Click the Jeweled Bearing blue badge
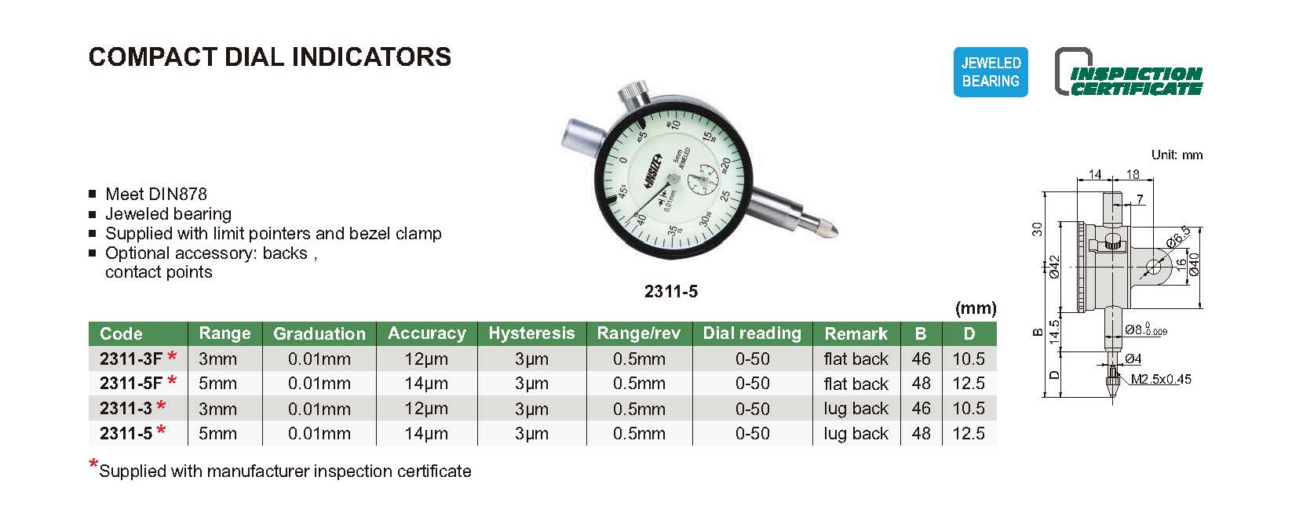click(991, 72)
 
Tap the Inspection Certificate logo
click(1129, 72)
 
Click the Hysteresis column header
click(531, 333)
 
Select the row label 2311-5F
click(131, 384)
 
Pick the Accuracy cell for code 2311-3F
click(426, 359)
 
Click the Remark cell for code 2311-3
click(856, 408)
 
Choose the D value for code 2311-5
click(969, 433)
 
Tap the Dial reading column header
click(752, 333)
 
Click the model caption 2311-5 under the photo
click(671, 292)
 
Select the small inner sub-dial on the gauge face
click(703, 180)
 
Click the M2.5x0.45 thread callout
click(1160, 379)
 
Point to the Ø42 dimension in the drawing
click(1054, 267)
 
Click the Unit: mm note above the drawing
click(1177, 155)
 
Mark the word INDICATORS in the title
click(371, 57)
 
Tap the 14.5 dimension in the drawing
click(1054, 333)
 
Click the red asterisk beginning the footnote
click(93, 464)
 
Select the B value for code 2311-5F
click(922, 384)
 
